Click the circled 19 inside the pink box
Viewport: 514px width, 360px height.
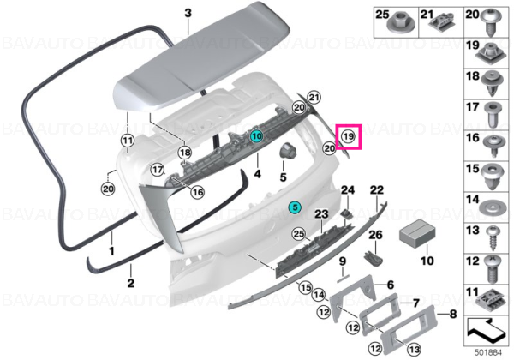point(348,136)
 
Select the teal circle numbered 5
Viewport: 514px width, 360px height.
point(295,207)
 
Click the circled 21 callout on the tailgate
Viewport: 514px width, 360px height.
point(314,97)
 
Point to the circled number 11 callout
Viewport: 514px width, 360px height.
point(128,141)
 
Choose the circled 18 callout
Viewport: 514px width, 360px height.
point(185,152)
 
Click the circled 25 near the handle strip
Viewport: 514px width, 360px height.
point(299,234)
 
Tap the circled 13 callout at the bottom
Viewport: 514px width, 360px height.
point(415,350)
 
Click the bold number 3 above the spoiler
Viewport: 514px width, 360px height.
point(188,14)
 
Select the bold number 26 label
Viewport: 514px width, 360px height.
point(376,235)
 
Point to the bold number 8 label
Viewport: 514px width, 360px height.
point(452,314)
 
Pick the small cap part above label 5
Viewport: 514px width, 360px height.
point(287,151)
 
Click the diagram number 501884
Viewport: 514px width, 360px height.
point(488,353)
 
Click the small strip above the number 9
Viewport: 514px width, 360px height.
point(343,278)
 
